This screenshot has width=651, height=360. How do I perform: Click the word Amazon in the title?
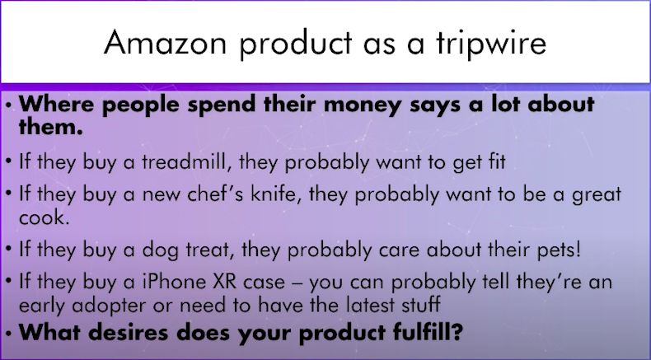pos(166,42)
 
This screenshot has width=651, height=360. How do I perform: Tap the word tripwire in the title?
pos(491,43)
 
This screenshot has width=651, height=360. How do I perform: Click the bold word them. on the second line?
pos(50,126)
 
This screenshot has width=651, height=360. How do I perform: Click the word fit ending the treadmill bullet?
pos(496,161)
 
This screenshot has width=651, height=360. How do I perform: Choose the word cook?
pos(44,217)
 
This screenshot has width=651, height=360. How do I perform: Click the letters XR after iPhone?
pos(224,282)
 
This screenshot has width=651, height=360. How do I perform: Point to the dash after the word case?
pos(297,283)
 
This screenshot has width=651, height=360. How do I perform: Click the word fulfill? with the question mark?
pos(428,332)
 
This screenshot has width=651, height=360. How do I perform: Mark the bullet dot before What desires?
pos(9,333)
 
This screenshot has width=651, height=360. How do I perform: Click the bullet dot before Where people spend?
pos(9,105)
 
